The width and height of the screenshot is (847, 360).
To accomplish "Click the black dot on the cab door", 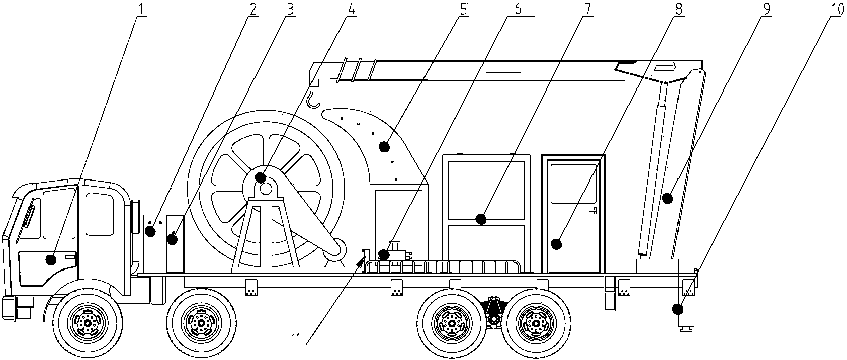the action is [51, 260].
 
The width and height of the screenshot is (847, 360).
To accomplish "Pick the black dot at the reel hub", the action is [260, 177].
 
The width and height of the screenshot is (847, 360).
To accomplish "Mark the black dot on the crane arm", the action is [668, 198].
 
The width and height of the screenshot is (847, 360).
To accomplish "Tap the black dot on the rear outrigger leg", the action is [678, 309].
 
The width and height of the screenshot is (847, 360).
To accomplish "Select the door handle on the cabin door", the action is [594, 210].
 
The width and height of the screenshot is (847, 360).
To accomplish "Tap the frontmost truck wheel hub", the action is [88, 323].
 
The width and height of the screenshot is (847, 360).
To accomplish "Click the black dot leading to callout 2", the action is [151, 231].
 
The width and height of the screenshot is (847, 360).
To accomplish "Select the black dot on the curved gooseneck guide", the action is [385, 146].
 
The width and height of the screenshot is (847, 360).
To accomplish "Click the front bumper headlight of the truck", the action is [24, 308].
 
